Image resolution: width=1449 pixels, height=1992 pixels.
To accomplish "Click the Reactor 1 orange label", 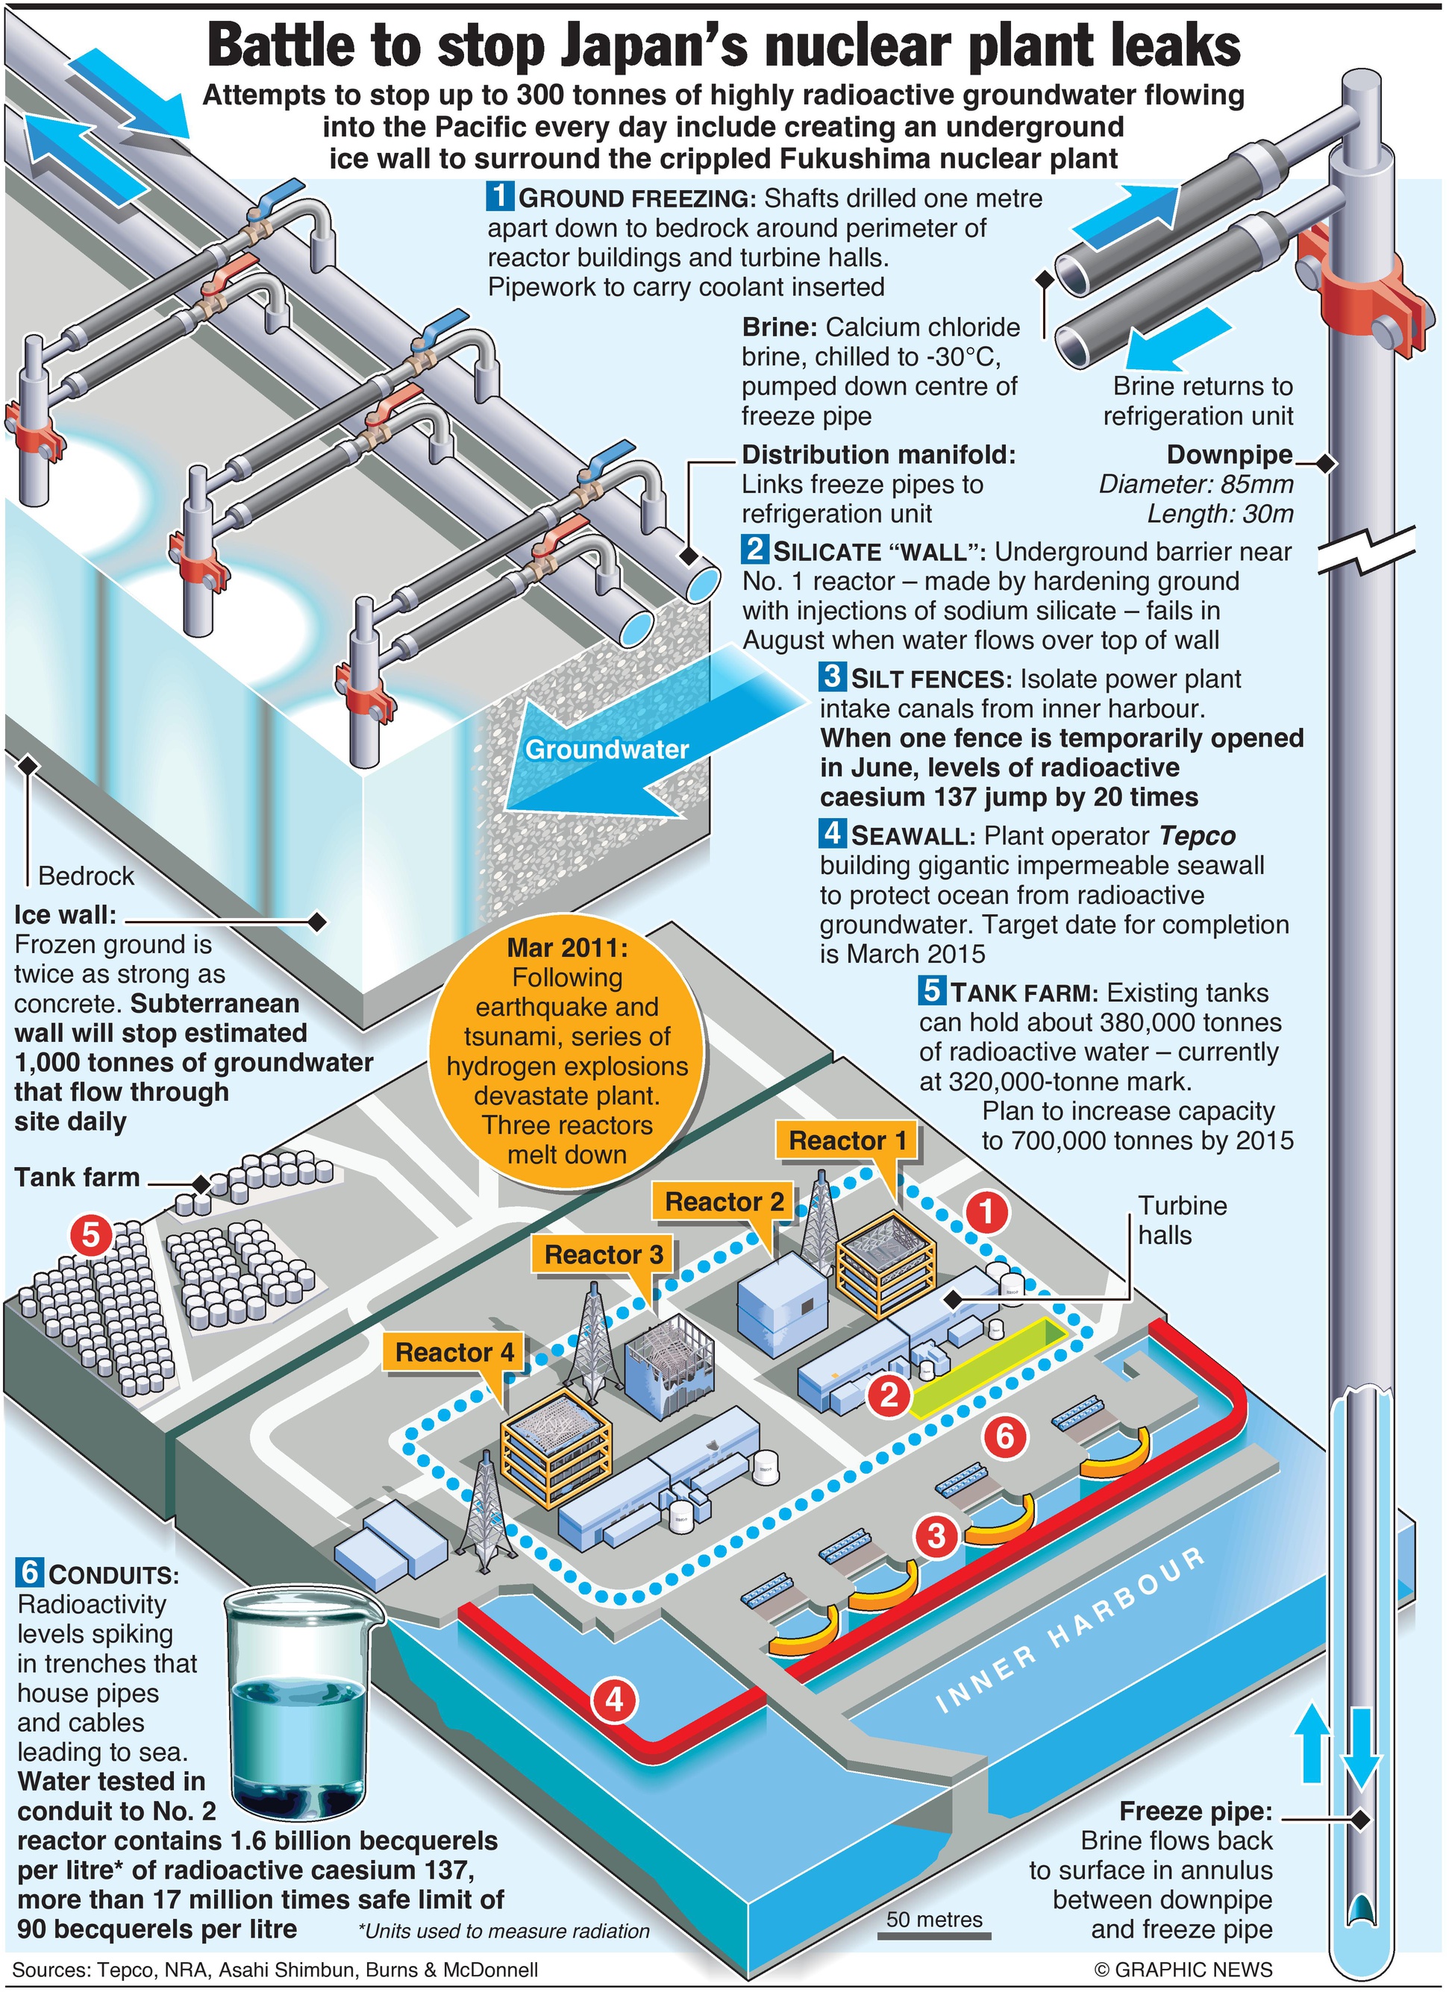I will point(846,1141).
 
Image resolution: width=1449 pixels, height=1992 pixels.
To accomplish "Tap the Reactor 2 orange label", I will point(723,1201).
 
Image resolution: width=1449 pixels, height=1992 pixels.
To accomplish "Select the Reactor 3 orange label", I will point(603,1254).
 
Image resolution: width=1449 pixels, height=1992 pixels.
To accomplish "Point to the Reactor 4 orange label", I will point(454,1351).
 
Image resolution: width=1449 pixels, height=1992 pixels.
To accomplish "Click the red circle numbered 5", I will point(90,1236).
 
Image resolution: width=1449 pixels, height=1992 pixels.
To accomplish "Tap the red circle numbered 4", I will point(614,1700).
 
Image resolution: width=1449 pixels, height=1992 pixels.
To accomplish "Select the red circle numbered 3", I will point(936,1536).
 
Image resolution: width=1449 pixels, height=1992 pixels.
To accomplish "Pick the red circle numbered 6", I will point(1004,1437).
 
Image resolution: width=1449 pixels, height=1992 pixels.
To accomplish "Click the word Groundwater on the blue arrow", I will point(607,750).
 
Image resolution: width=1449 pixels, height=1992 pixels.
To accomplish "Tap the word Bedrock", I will point(86,876).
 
